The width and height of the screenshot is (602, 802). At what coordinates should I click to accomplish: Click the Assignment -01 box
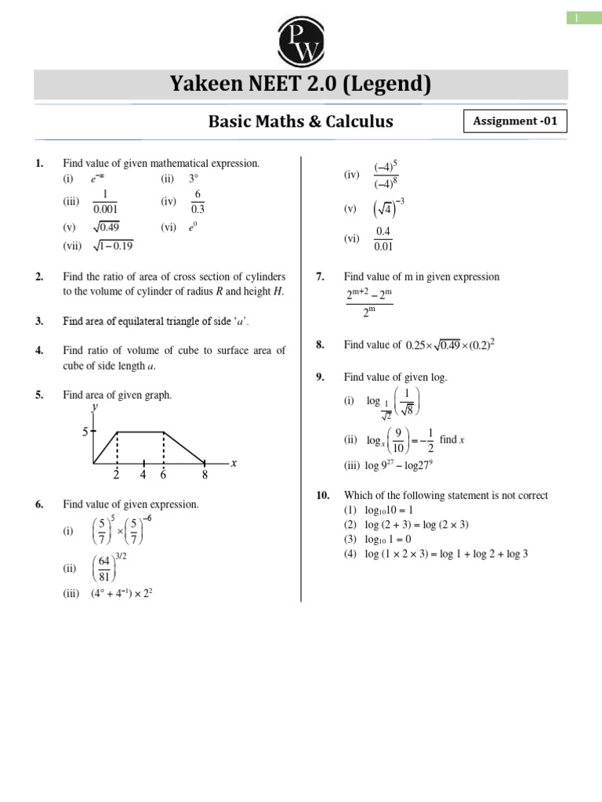coord(516,121)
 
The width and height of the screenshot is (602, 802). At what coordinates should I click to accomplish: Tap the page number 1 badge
coord(576,18)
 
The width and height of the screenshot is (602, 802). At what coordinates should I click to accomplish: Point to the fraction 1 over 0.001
coord(104,201)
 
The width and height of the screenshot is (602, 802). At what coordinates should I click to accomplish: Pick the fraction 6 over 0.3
coord(198,201)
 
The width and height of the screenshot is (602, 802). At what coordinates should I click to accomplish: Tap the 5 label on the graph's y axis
coord(86,431)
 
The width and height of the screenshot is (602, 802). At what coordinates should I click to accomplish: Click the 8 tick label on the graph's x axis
coord(205,475)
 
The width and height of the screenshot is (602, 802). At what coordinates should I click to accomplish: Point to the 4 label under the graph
coord(143,475)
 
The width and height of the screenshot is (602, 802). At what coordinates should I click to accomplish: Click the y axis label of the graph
coord(94,407)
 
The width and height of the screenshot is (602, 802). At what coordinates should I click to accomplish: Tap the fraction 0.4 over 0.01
coord(383,239)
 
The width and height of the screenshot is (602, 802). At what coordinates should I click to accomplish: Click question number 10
coord(322,495)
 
